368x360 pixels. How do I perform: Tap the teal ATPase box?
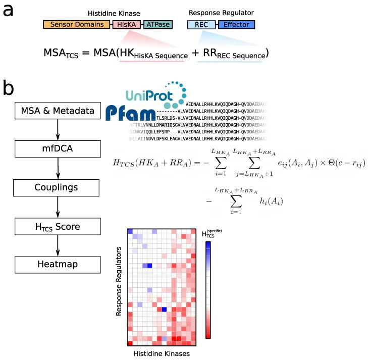click(x=159, y=24)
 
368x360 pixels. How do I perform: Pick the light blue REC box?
click(x=201, y=24)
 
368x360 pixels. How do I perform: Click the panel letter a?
click(x=9, y=11)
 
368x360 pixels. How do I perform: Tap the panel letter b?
click(x=9, y=89)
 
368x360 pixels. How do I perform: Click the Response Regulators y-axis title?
click(x=119, y=281)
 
